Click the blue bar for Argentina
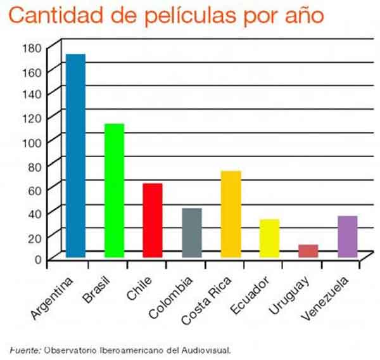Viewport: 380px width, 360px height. (75, 155)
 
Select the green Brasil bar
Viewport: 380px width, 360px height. (114, 190)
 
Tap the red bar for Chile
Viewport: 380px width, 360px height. (153, 220)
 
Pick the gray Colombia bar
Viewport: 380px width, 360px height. (191, 233)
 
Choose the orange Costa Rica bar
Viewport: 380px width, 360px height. (231, 214)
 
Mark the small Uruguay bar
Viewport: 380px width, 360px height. (308, 250)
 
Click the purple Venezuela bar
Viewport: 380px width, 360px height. (347, 236)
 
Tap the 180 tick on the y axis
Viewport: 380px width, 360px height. (34, 48)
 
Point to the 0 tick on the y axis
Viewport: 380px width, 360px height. (38, 259)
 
